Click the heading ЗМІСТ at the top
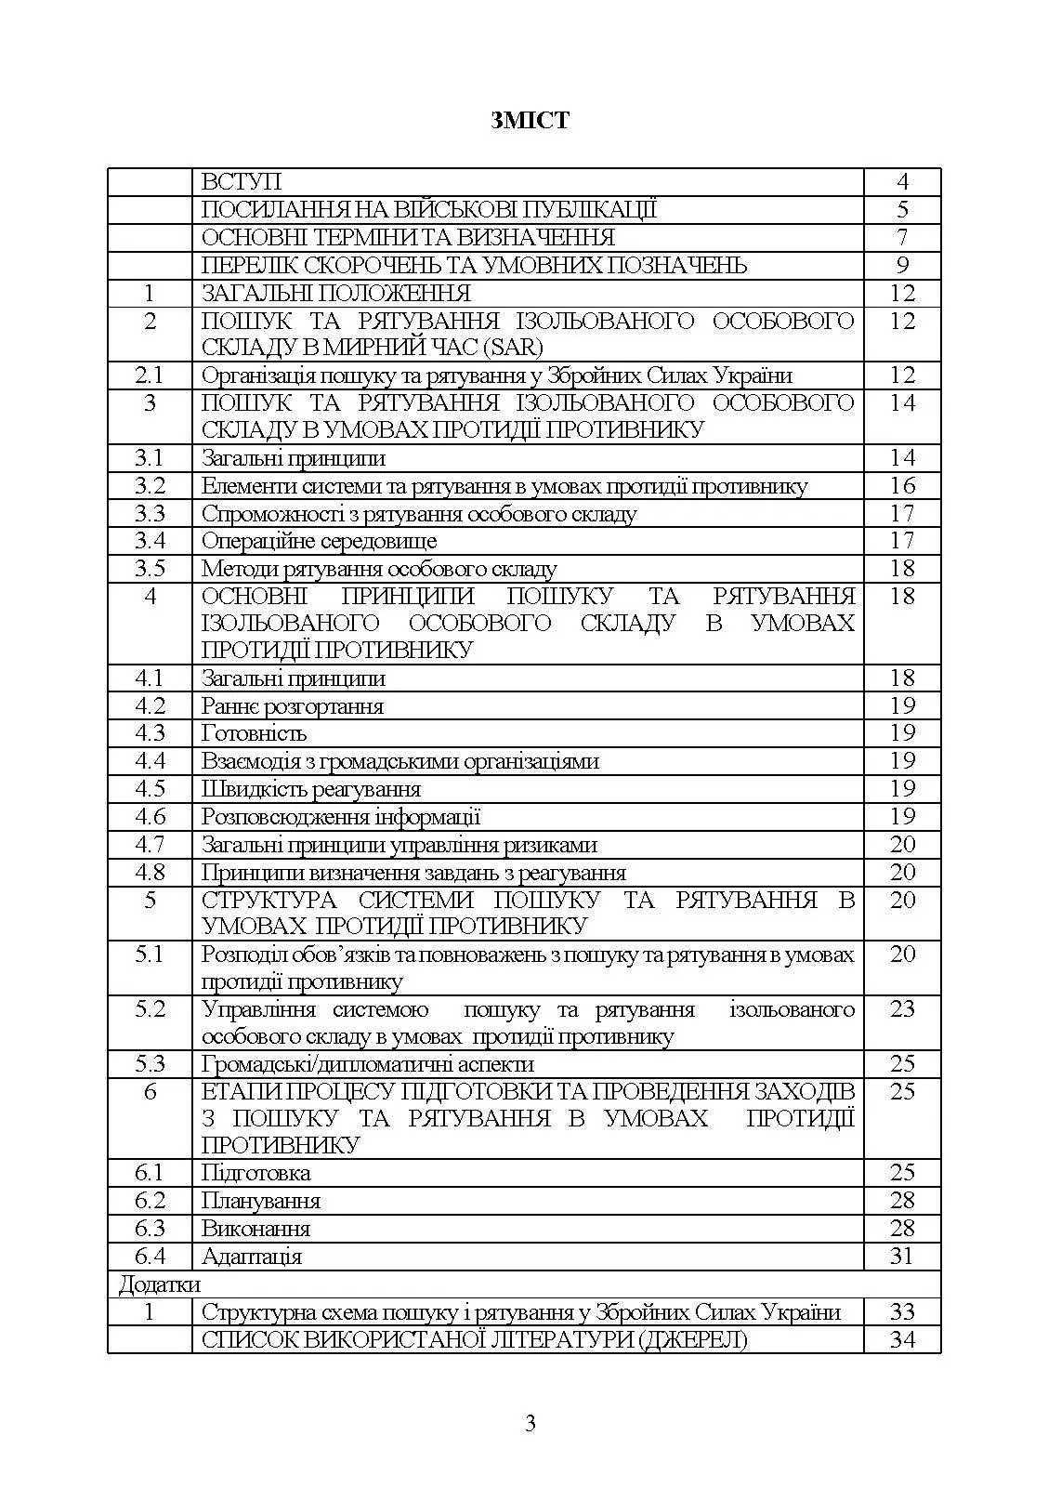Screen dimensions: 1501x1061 click(x=530, y=120)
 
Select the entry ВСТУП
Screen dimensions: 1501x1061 click(x=242, y=182)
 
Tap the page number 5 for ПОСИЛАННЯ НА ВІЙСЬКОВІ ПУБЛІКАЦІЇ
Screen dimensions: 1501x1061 click(x=902, y=210)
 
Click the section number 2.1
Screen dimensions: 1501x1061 click(x=150, y=375)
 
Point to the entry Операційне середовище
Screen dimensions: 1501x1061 click(x=319, y=541)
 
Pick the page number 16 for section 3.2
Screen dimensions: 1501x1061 click(x=902, y=486)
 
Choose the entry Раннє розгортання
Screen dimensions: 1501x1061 click(x=293, y=706)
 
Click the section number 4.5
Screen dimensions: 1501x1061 click(x=150, y=789)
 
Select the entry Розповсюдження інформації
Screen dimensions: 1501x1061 click(x=341, y=817)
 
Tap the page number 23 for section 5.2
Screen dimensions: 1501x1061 click(x=902, y=1009)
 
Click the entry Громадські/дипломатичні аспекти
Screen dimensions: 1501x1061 click(x=368, y=1064)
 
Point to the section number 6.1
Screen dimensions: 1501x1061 click(x=150, y=1173)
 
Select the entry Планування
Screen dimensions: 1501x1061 click(x=261, y=1201)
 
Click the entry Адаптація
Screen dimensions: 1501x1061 click(x=252, y=1257)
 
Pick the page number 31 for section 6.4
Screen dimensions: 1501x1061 click(x=902, y=1257)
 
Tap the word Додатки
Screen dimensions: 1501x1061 click(x=159, y=1284)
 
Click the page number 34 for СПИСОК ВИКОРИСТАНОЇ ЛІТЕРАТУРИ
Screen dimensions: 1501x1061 click(x=902, y=1339)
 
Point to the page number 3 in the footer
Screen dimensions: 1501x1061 click(x=530, y=1423)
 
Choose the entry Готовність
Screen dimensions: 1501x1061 click(x=254, y=733)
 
